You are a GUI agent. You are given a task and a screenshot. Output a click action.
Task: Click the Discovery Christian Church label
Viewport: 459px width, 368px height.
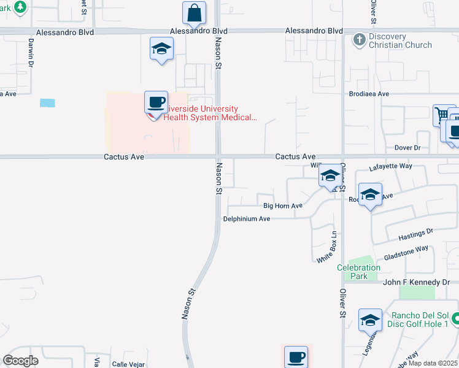400,40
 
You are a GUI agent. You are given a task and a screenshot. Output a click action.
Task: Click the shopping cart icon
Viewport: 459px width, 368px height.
442,115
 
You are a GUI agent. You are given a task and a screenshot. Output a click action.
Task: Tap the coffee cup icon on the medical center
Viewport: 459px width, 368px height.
156,102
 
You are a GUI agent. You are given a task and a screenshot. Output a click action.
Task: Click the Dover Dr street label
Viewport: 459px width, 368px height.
407,148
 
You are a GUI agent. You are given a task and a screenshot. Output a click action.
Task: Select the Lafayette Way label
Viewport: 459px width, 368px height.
390,166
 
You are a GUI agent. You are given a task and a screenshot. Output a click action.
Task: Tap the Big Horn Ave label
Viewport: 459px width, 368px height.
283,206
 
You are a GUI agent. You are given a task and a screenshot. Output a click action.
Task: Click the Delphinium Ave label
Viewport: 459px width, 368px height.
247,219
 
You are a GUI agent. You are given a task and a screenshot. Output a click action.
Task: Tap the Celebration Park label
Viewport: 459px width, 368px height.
359,272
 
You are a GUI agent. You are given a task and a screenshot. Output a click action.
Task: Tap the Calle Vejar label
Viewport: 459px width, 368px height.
128,364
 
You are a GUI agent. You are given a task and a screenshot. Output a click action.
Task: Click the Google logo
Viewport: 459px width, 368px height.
20,361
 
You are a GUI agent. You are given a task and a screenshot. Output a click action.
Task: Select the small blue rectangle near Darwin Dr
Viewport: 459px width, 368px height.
47,103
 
